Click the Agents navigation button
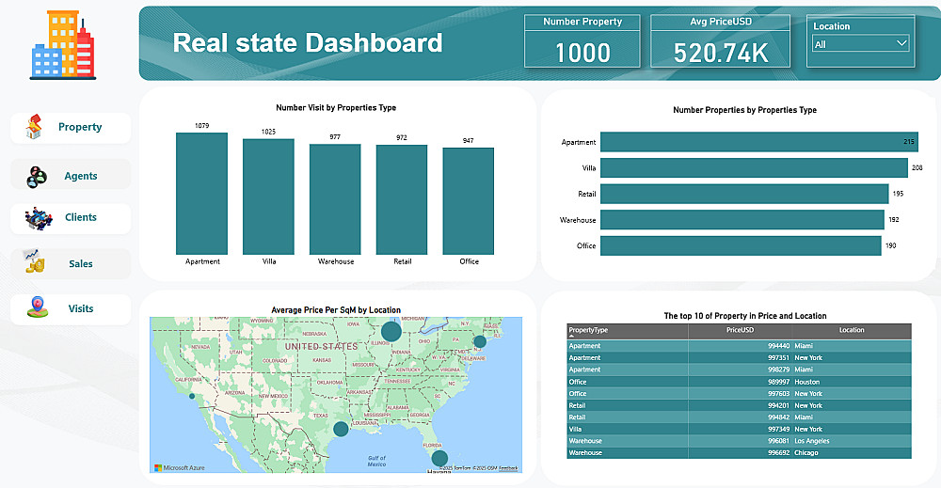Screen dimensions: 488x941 point(71,176)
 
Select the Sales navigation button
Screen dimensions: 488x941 point(71,264)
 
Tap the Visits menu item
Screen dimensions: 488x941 point(71,308)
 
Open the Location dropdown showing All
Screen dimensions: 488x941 point(860,43)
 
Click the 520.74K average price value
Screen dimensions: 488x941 point(721,53)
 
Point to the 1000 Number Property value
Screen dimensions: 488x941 point(582,53)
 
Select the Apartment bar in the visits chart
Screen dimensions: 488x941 point(201,194)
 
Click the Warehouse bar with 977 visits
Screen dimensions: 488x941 point(335,199)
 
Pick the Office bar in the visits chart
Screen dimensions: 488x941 point(469,201)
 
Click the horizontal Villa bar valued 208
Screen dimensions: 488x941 point(756,167)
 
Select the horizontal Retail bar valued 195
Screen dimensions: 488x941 point(743,194)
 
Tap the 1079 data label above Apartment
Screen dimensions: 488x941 point(201,125)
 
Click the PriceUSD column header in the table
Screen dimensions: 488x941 point(740,330)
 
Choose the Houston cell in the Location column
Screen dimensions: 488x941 point(809,382)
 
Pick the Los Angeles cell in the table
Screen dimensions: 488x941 point(815,441)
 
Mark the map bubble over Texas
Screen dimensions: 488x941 point(341,429)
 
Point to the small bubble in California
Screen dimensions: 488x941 point(192,397)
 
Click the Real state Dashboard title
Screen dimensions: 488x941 point(308,42)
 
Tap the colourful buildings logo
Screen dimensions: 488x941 point(62,44)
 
